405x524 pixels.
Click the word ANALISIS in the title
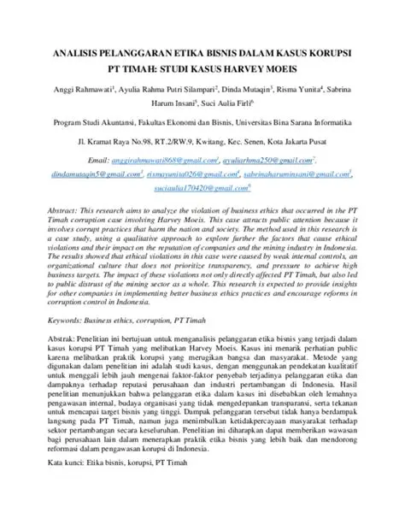coord(81,52)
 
